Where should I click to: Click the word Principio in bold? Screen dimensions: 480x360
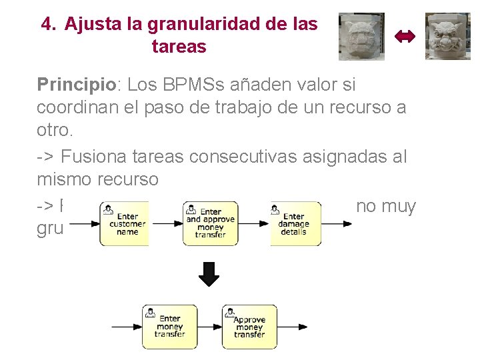(76, 85)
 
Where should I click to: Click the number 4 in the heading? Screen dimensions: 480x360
(46, 25)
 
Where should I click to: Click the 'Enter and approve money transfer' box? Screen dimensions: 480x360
(210, 223)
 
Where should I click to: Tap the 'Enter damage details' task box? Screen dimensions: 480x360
(295, 223)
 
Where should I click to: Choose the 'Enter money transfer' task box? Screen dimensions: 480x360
(169, 327)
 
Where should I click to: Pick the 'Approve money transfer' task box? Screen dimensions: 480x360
(249, 327)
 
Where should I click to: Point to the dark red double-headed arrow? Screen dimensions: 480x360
(405, 37)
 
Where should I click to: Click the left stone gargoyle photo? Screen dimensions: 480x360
(361, 36)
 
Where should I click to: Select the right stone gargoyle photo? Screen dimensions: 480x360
(448, 36)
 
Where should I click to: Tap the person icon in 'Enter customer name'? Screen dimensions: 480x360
(107, 210)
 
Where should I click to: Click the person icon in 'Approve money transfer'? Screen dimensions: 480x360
(230, 312)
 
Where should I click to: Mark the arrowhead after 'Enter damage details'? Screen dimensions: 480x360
(347, 223)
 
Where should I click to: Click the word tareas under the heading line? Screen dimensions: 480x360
(179, 47)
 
